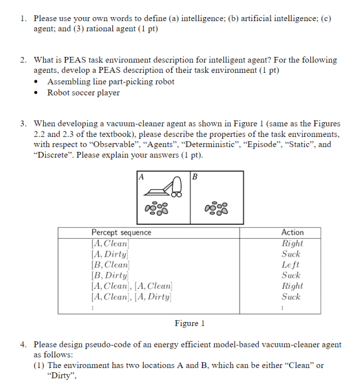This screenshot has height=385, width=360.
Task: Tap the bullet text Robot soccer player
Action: [x=83, y=93]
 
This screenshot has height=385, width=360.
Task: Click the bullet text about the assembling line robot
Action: [x=111, y=82]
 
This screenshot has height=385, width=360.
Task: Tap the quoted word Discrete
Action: [x=54, y=155]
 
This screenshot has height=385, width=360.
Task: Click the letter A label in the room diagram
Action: [x=141, y=177]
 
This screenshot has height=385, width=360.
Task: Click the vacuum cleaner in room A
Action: [x=164, y=188]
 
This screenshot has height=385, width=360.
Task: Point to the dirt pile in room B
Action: [x=217, y=209]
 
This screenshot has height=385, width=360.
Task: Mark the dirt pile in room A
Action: [x=156, y=209]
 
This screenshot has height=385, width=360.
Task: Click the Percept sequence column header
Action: [x=121, y=233]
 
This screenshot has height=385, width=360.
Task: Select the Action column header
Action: [x=292, y=233]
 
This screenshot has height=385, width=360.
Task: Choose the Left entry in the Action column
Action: [x=291, y=265]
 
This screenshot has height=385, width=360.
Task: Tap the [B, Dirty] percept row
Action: [x=110, y=275]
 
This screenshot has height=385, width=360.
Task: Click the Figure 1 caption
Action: [x=190, y=323]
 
